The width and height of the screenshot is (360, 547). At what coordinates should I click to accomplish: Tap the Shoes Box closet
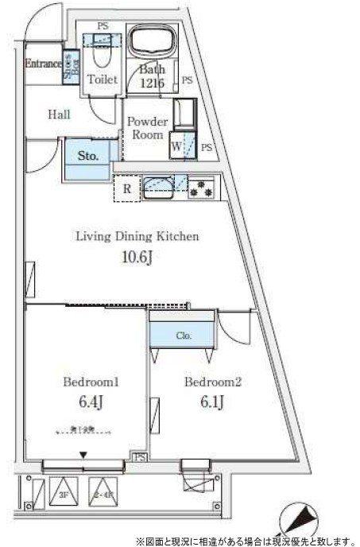click(x=70, y=64)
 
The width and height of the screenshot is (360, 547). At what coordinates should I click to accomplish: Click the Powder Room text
click(x=148, y=128)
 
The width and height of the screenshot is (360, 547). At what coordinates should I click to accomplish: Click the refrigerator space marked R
click(x=126, y=189)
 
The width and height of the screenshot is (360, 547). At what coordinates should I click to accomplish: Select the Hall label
click(x=59, y=114)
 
